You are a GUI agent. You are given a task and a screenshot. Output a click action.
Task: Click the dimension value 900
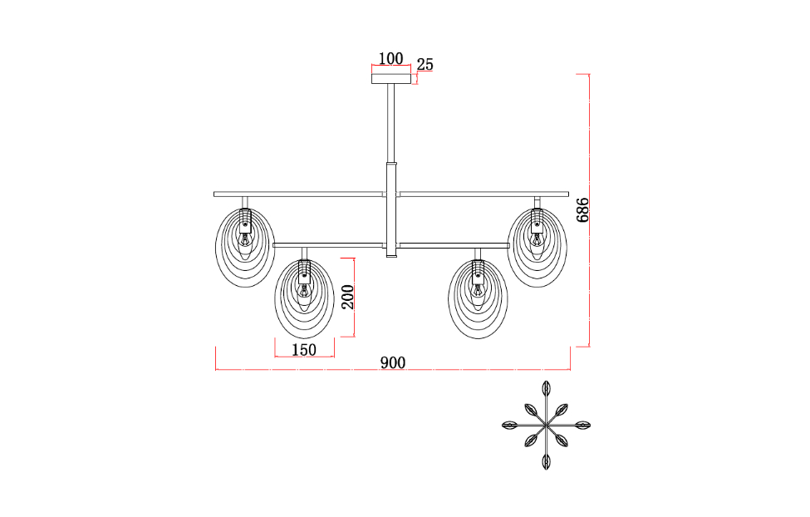tap(392, 363)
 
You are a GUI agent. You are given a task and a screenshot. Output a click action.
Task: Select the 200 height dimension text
tap(348, 297)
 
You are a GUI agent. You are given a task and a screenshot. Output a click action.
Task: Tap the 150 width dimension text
tap(304, 350)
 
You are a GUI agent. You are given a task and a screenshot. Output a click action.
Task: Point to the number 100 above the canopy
tap(390, 58)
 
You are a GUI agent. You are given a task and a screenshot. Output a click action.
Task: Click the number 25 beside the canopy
tap(425, 65)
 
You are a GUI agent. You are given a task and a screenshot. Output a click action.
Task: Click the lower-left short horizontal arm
tap(328, 245)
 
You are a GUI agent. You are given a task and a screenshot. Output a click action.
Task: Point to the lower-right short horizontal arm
tap(453, 245)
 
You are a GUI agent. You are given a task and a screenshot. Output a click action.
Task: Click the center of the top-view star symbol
tap(546, 425)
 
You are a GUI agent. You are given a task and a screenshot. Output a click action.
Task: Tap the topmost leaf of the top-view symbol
tap(546, 388)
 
